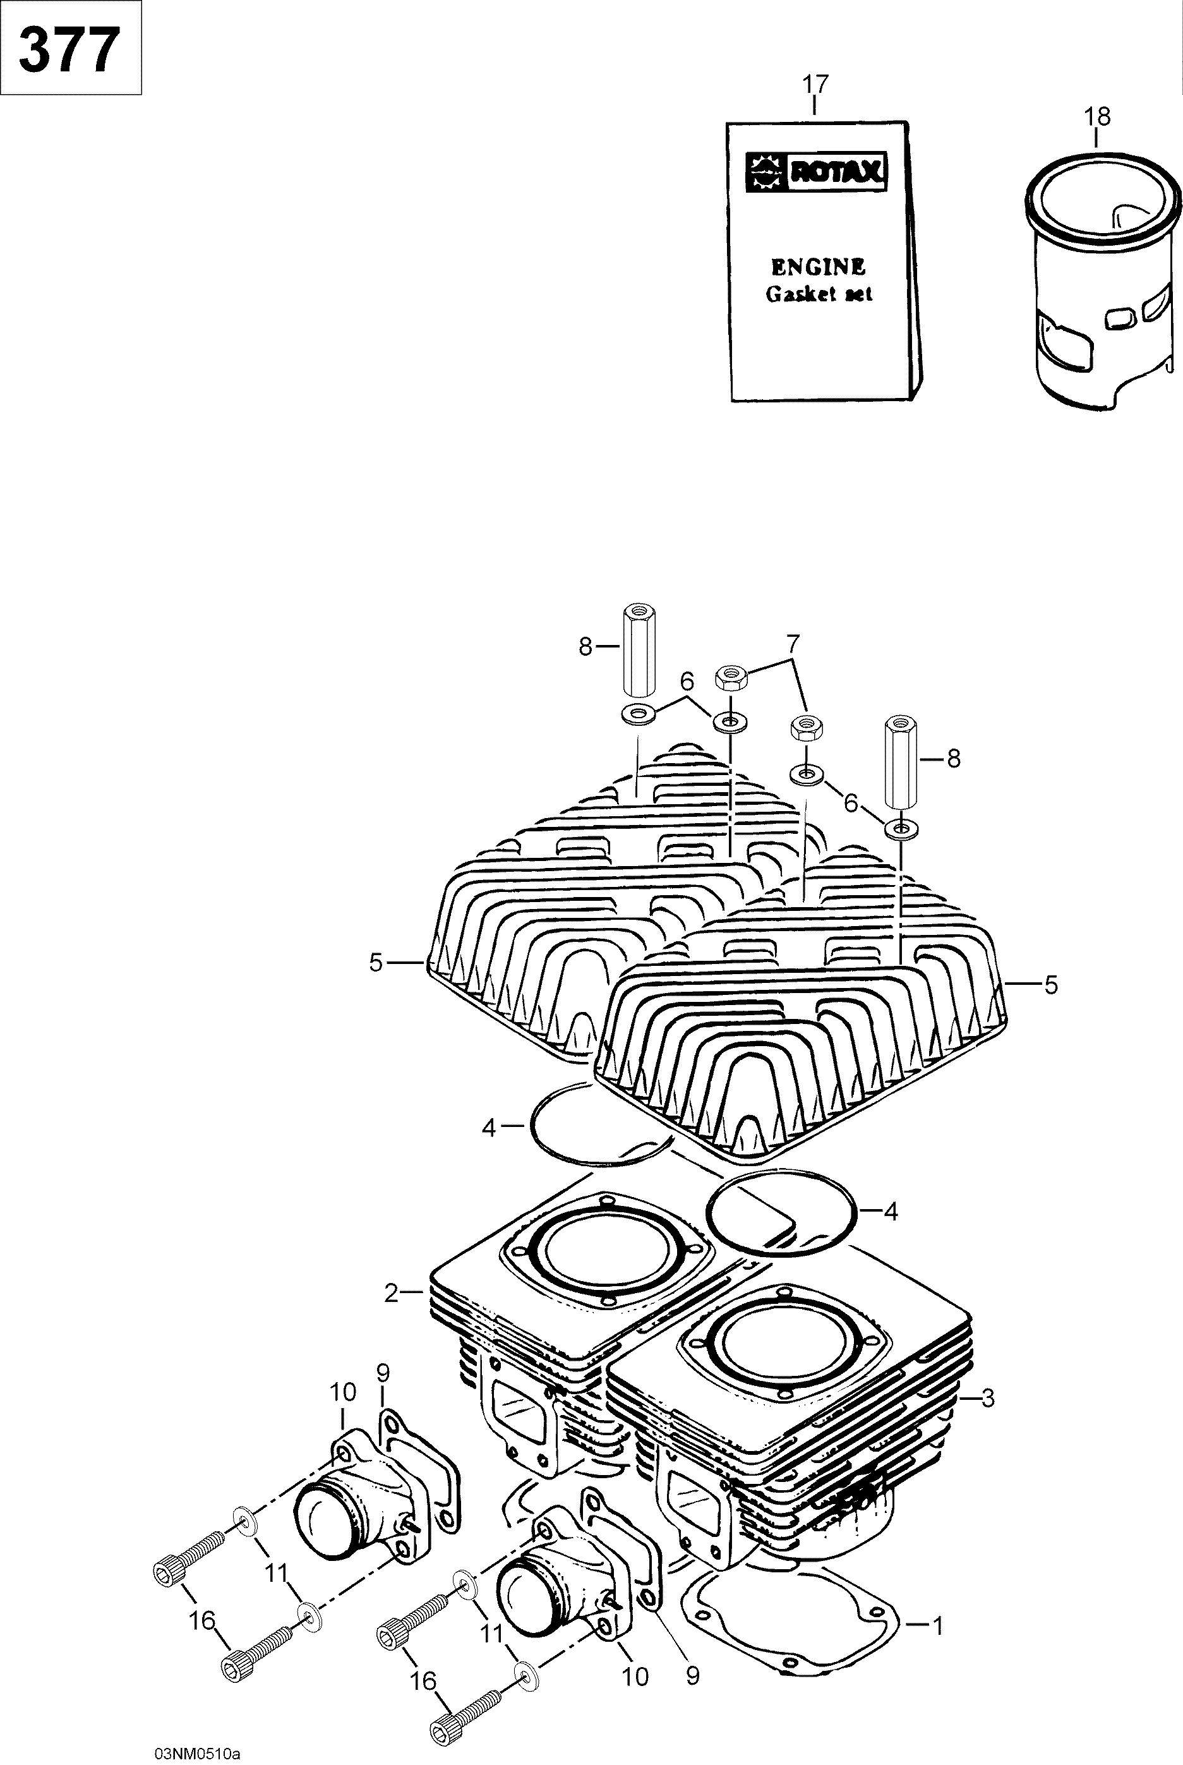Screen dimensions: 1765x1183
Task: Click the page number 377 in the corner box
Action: pyautogui.click(x=69, y=49)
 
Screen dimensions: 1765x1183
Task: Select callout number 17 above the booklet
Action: pyautogui.click(x=815, y=84)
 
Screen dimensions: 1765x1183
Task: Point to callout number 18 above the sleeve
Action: pyautogui.click(x=1097, y=117)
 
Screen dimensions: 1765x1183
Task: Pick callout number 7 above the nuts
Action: pyautogui.click(x=791, y=644)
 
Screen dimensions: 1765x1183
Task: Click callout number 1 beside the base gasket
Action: pyautogui.click(x=938, y=1626)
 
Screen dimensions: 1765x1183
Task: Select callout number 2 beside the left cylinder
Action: pyautogui.click(x=391, y=1292)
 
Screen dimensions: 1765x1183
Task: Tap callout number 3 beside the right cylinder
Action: pyautogui.click(x=988, y=1398)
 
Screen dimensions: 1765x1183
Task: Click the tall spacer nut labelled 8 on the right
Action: pyautogui.click(x=901, y=761)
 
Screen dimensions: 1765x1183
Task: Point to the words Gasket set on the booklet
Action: pyautogui.click(x=819, y=294)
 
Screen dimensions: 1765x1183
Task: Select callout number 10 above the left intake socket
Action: pyautogui.click(x=342, y=1392)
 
